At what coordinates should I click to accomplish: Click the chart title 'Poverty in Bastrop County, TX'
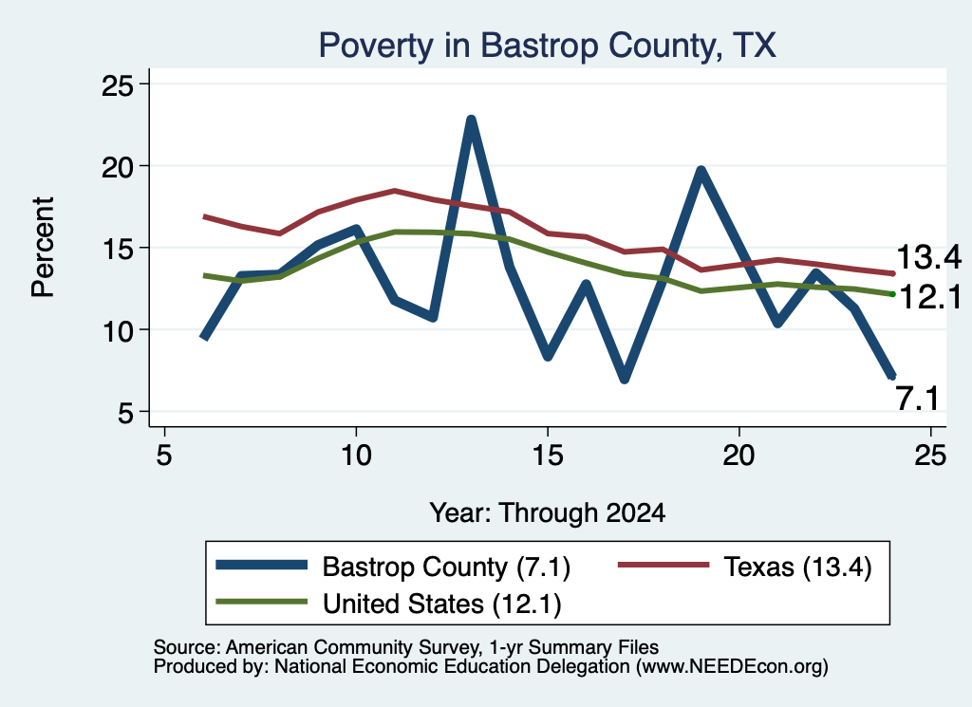click(x=547, y=46)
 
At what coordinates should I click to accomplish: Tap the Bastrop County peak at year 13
click(x=471, y=120)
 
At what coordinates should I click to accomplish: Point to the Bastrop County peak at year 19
click(x=701, y=171)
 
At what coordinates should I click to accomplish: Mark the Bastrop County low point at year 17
click(x=625, y=378)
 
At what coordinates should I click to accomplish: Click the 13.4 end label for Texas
click(x=928, y=256)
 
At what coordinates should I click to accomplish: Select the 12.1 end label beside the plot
click(x=929, y=298)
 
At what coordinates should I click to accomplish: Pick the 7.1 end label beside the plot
click(x=918, y=399)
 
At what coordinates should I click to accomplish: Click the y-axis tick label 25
click(x=117, y=84)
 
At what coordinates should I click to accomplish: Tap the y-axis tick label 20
click(x=117, y=167)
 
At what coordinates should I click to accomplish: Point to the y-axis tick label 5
click(x=126, y=412)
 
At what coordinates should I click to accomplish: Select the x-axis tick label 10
click(x=356, y=456)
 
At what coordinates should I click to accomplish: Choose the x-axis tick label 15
click(x=548, y=456)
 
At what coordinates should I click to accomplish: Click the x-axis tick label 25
click(x=930, y=456)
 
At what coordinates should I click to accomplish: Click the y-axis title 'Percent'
click(x=43, y=248)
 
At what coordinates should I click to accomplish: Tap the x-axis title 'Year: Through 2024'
click(x=548, y=513)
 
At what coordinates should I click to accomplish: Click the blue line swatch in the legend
click(x=262, y=565)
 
